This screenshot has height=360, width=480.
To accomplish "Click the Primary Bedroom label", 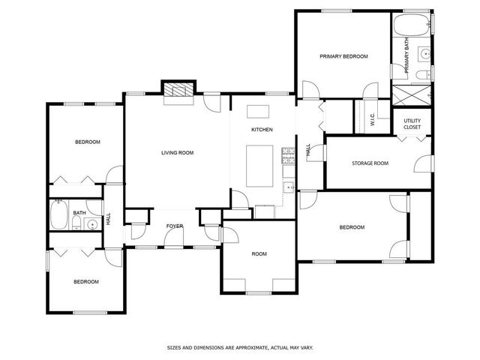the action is (343, 56).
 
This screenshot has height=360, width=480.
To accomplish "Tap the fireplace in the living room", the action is (178, 91).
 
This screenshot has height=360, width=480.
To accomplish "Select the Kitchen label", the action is (262, 130).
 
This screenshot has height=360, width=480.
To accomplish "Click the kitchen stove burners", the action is (288, 155).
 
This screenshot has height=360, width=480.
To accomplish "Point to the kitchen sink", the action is (288, 187).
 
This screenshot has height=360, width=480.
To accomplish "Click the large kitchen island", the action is (259, 166).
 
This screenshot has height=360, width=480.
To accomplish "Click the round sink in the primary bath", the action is (425, 54).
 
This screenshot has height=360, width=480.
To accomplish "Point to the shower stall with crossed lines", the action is (412, 95).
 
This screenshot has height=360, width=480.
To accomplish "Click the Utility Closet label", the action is (412, 124).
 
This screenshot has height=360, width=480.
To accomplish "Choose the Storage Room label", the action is (370, 163).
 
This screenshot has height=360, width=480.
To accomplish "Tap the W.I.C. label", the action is (373, 119).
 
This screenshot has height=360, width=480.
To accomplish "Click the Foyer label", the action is (175, 226).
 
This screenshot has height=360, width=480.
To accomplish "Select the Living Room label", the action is (177, 153).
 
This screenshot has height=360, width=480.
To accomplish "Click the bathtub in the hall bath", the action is (58, 214).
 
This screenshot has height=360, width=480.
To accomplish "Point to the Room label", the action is (259, 253).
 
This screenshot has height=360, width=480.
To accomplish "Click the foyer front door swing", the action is (173, 237).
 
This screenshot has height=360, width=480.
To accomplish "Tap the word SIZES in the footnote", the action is (174, 348).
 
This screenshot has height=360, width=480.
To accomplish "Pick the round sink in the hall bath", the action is (91, 225).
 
